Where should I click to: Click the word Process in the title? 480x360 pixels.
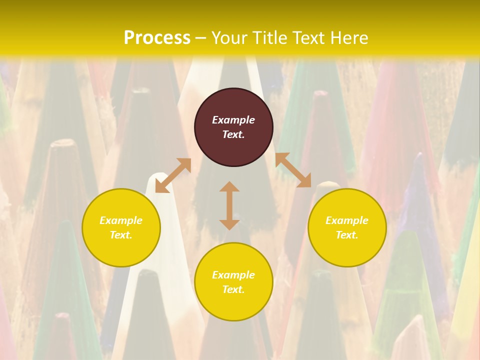click(x=157, y=38)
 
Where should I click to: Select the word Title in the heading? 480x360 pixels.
click(x=269, y=38)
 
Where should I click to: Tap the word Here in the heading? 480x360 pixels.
click(x=348, y=38)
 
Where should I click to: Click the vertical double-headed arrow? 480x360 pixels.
click(x=229, y=205)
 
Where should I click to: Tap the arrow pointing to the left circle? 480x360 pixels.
click(x=173, y=175)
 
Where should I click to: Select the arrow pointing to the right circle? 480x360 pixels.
click(x=293, y=170)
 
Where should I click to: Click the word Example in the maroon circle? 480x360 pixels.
click(x=233, y=120)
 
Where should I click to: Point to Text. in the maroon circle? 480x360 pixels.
click(x=233, y=134)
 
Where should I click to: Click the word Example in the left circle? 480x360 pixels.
click(x=121, y=220)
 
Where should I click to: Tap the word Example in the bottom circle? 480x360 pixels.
click(x=233, y=275)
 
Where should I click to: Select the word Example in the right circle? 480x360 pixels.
click(x=347, y=220)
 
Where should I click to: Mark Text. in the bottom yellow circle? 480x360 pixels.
click(x=233, y=289)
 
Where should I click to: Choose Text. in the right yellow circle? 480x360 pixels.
click(x=347, y=235)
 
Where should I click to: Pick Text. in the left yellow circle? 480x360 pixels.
click(x=121, y=235)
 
